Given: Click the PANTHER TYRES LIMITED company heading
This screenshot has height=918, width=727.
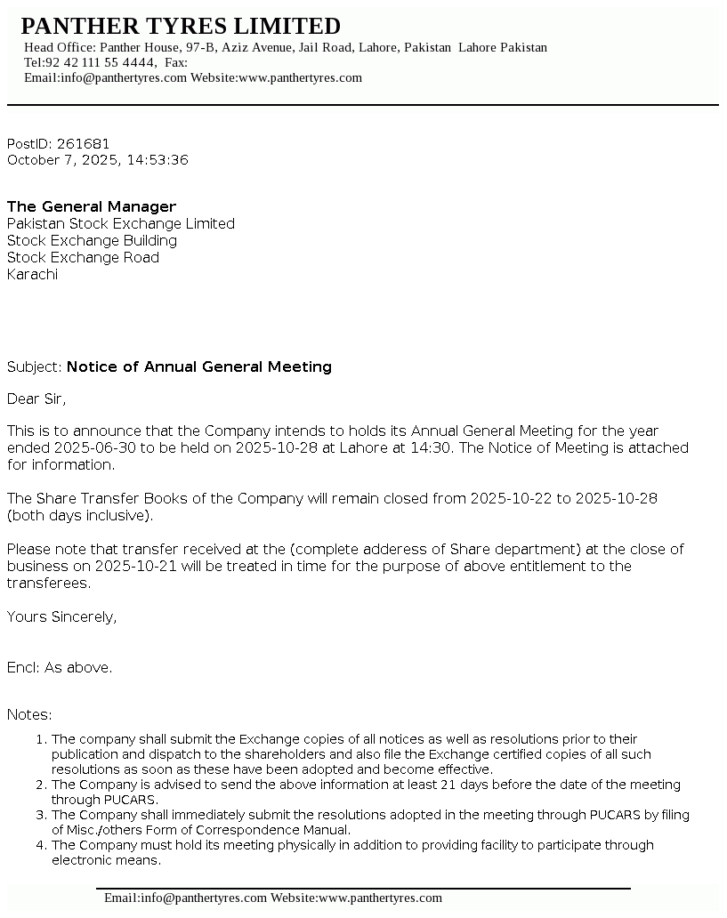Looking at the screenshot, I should coord(181,26).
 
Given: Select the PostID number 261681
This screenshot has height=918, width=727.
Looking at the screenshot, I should coord(84,144).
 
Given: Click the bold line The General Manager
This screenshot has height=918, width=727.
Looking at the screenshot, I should coord(92,207).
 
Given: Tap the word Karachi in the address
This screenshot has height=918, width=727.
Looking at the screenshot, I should coord(32,275).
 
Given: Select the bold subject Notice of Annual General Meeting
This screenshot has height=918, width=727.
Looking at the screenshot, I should coord(199,367).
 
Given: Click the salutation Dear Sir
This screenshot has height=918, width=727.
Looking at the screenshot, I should coord(36,399).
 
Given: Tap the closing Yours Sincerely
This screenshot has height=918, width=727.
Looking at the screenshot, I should coord(62,617).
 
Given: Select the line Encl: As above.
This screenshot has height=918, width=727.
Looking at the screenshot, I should coord(60,668).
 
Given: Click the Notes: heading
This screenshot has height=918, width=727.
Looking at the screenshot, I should coord(29,715).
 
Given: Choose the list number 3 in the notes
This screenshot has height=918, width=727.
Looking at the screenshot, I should coord(41,815).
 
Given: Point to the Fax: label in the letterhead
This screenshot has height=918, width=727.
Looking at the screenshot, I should coord(176,62).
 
